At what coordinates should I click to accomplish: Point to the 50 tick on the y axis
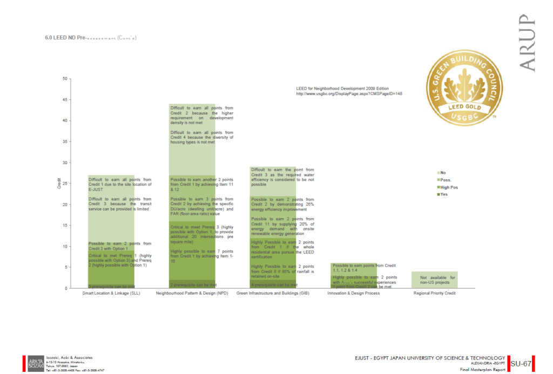click(x=65, y=79)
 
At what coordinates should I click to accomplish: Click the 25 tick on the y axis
click(x=65, y=183)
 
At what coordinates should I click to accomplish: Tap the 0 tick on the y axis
click(x=66, y=288)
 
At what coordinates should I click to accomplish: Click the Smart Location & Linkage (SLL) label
click(x=111, y=294)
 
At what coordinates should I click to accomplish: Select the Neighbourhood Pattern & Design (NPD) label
click(x=192, y=294)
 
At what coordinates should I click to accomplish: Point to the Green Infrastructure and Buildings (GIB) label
click(x=273, y=294)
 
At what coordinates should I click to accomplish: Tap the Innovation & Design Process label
click(x=354, y=294)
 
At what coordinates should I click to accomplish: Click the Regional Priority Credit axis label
click(x=435, y=294)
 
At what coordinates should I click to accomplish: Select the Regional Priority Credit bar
click(x=435, y=280)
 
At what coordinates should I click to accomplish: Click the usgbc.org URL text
click(x=349, y=93)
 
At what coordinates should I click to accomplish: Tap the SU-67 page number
click(x=521, y=363)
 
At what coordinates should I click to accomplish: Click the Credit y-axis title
click(x=59, y=183)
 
